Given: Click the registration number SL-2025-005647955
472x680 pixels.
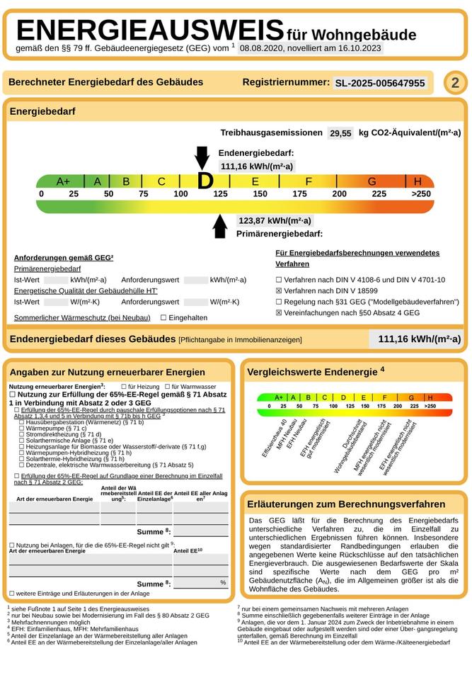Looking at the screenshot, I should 380,84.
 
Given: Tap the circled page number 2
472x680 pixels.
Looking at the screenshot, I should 455,83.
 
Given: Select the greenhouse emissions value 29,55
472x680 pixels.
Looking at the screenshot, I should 341,133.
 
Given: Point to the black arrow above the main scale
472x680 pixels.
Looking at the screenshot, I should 202,157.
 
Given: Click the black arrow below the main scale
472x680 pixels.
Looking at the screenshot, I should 220,225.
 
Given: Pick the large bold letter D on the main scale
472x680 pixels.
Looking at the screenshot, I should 205,181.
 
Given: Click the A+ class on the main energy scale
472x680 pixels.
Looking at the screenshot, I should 63,181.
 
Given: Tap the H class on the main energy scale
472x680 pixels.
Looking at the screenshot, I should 418,181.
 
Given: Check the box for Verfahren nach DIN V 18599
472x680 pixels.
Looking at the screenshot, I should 279,291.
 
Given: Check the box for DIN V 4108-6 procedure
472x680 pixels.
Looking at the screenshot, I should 279,280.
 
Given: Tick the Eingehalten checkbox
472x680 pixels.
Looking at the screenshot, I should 163,318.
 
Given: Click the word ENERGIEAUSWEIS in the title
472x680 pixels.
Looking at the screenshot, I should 150,30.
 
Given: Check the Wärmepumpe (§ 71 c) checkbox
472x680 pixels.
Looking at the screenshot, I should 22,429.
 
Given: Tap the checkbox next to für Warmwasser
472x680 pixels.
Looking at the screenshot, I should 167,386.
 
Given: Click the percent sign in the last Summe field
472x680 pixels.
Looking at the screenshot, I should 223,582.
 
